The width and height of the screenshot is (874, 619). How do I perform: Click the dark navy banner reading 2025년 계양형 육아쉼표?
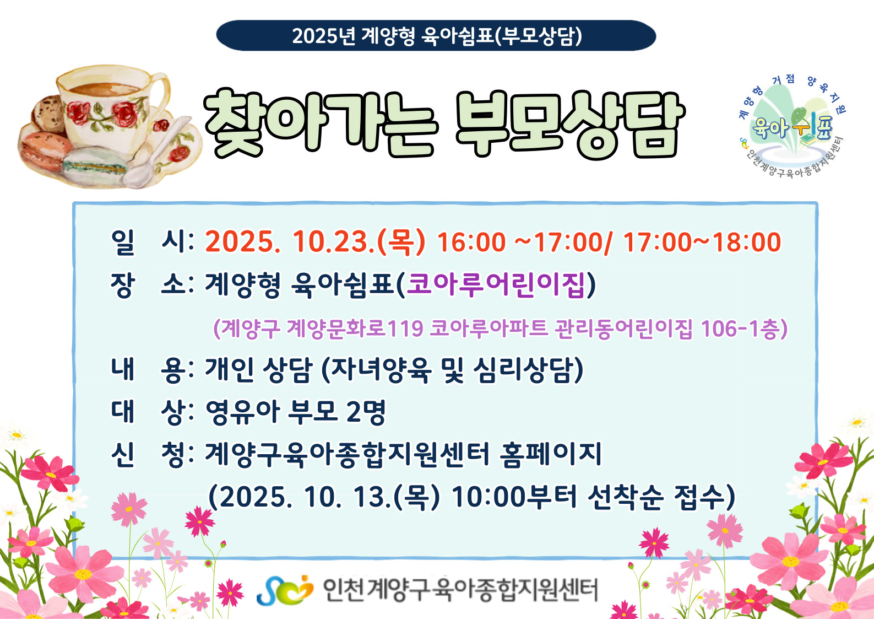tap(436, 35)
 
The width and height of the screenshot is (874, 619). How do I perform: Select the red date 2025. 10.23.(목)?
tap(315, 242)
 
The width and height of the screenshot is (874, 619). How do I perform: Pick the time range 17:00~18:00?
tap(702, 242)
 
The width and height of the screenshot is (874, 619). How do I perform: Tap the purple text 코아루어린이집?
tap(496, 284)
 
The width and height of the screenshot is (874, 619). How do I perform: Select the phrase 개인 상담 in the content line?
tap(258, 369)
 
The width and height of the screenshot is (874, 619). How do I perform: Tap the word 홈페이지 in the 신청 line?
tap(551, 454)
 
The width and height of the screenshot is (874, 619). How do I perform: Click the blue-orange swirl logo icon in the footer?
tap(284, 590)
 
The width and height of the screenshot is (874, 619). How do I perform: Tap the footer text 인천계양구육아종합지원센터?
tap(460, 590)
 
